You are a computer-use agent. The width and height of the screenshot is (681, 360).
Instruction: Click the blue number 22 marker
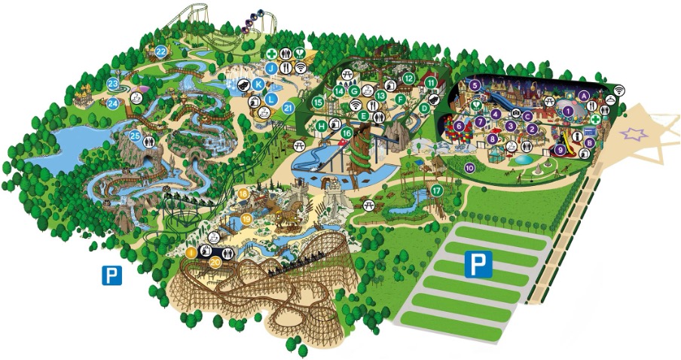point(161,51)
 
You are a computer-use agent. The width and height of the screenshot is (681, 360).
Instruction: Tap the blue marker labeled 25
point(135,136)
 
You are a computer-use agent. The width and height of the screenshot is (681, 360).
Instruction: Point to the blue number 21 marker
point(287,108)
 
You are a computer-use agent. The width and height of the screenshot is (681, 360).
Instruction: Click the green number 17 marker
point(437,191)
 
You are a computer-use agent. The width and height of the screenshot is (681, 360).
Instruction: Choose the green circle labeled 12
point(408,78)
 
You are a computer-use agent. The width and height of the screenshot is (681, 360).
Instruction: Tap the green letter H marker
point(322,125)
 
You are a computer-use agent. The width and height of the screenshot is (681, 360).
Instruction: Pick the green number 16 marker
point(347,133)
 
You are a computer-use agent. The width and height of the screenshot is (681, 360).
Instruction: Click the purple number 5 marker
point(475,85)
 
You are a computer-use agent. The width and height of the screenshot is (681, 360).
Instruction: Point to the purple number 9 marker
point(560,150)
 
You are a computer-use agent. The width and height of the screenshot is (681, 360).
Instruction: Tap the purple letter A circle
point(585,95)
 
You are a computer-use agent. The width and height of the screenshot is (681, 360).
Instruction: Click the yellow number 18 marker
point(243,194)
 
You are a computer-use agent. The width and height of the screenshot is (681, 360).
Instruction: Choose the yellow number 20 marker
point(215,262)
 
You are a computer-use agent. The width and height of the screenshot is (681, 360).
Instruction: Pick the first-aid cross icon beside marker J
point(271,54)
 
